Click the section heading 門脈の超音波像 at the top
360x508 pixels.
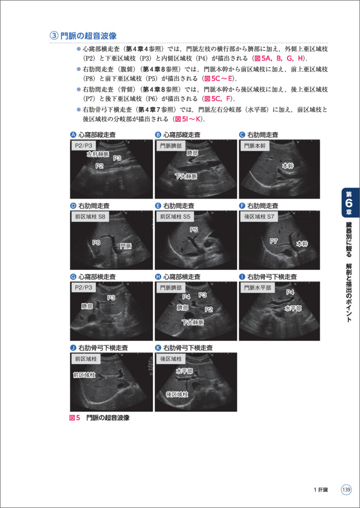click(x=88, y=36)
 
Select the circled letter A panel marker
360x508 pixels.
click(x=73, y=135)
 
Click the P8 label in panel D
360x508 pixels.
click(x=96, y=243)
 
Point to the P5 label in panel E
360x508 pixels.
click(x=194, y=230)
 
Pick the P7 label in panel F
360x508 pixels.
click(x=274, y=241)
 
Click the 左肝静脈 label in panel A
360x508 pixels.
click(x=97, y=154)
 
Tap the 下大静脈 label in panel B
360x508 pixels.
click(x=186, y=176)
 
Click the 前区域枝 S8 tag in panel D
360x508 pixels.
click(x=90, y=217)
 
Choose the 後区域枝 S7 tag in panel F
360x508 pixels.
click(x=259, y=217)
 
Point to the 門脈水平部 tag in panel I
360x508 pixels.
click(x=257, y=288)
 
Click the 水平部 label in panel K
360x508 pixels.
click(x=184, y=371)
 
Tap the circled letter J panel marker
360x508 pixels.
click(x=73, y=348)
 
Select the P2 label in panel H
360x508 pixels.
click(x=208, y=309)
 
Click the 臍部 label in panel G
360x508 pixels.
click(x=87, y=307)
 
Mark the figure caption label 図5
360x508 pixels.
click(x=75, y=418)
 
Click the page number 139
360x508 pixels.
click(x=346, y=490)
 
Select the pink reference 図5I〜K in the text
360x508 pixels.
click(x=188, y=119)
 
